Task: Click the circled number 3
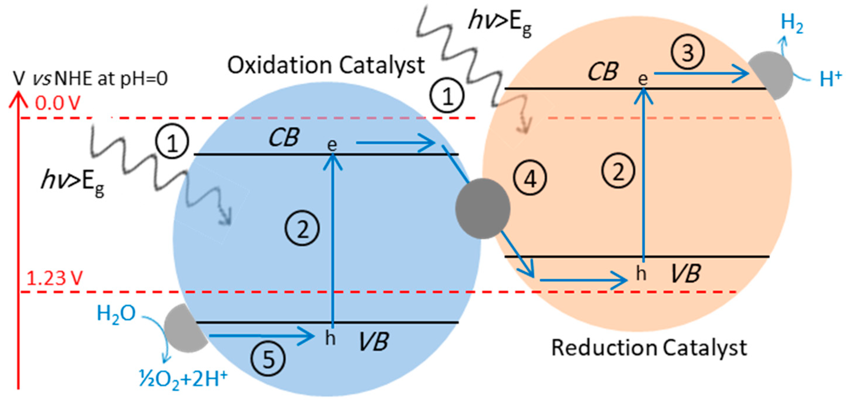point(688,52)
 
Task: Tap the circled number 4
point(530,178)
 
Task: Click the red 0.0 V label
point(57,103)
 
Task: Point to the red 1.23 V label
point(54,278)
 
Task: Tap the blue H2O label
point(116,313)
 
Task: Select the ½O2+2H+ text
point(183,379)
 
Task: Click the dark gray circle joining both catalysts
point(482,208)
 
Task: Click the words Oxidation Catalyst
point(326,65)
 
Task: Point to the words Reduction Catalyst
point(649,348)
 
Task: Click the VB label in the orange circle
point(686,274)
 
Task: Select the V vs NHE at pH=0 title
point(90,78)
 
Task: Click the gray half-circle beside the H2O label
point(183,328)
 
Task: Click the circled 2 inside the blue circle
point(302,229)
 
